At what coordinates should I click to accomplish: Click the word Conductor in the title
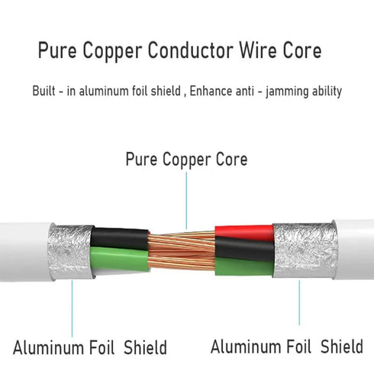tap(191, 50)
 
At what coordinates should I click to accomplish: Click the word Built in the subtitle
tap(44, 91)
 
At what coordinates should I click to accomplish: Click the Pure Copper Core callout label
tap(186, 160)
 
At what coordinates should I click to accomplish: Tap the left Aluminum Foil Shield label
tap(90, 347)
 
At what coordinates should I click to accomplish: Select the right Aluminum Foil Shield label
tap(287, 346)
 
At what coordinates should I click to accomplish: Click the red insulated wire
tap(244, 233)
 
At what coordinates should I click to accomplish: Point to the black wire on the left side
tap(119, 238)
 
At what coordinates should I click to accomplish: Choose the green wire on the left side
tap(119, 257)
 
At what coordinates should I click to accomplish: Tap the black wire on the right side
tap(245, 250)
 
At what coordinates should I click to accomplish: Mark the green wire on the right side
tap(243, 266)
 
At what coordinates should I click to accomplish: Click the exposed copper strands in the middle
tap(182, 250)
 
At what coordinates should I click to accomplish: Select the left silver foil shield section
tap(70, 252)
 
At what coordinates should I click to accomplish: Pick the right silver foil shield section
tap(305, 250)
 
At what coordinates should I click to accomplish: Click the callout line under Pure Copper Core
tap(186, 201)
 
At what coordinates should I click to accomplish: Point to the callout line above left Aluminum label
tap(72, 308)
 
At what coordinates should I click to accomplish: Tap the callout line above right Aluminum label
tap(299, 303)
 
